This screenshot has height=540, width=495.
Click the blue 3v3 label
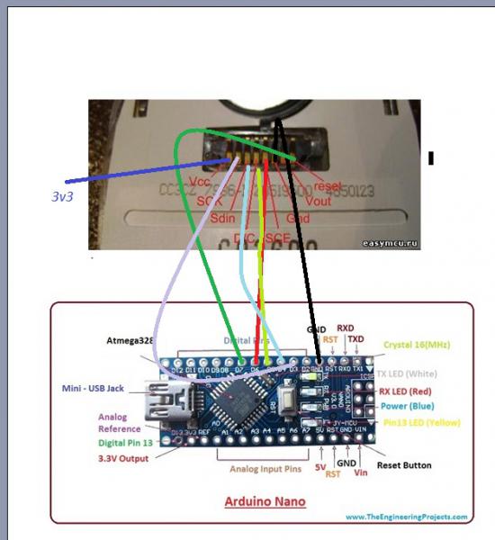[x=64, y=193]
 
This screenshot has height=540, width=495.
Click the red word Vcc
[x=201, y=182]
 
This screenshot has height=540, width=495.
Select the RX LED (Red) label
[x=415, y=391]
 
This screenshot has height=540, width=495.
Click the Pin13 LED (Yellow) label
[x=420, y=421]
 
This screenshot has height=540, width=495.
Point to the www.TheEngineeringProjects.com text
[x=406, y=517]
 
